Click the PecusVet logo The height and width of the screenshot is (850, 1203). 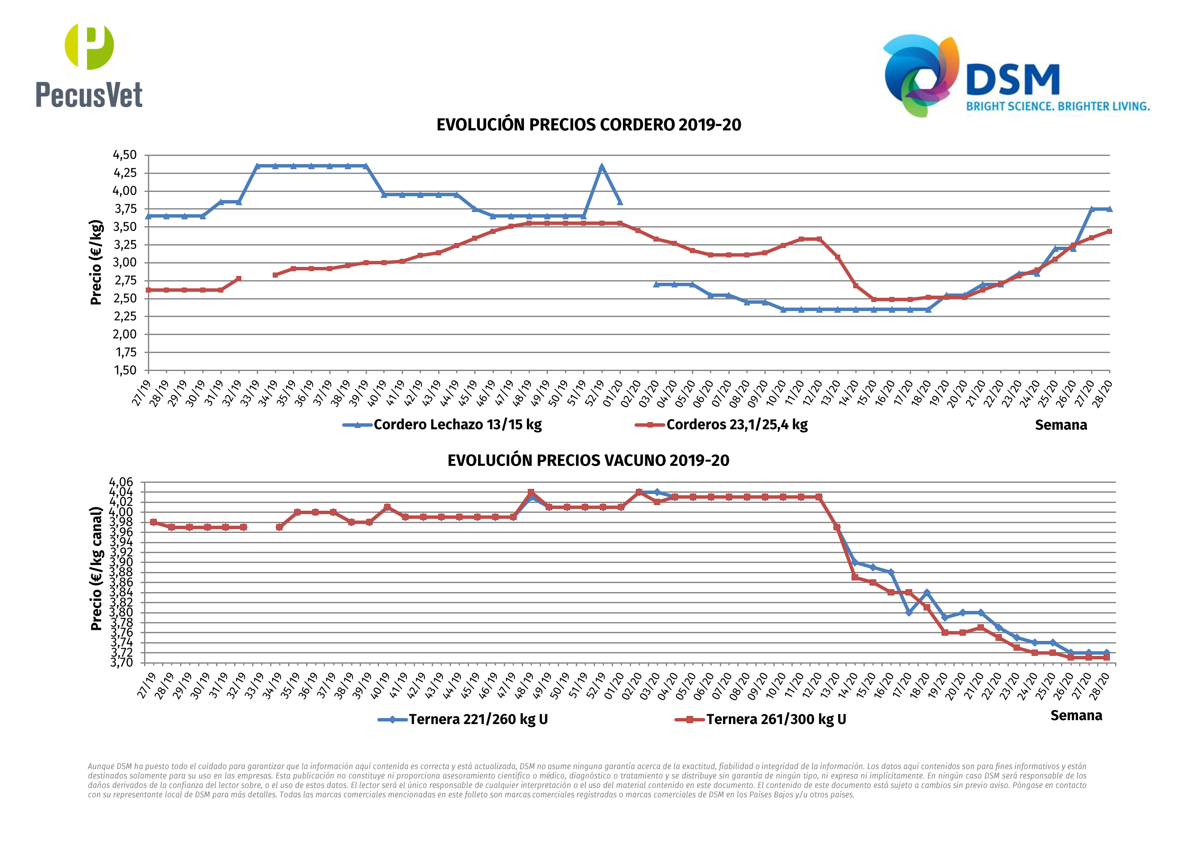click(x=89, y=66)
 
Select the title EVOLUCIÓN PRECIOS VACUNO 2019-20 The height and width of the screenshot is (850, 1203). click(x=588, y=461)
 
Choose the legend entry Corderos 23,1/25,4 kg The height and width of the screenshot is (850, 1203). click(x=722, y=425)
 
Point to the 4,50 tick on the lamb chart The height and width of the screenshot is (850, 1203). click(x=125, y=155)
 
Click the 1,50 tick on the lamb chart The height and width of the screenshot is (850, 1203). click(x=125, y=370)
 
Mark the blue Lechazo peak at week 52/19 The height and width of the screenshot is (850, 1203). click(x=601, y=167)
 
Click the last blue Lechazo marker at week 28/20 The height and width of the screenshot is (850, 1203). click(x=1109, y=209)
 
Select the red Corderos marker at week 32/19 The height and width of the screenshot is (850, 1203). click(x=239, y=279)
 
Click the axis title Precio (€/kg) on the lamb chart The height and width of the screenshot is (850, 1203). click(x=96, y=262)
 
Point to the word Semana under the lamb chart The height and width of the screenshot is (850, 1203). click(x=1061, y=425)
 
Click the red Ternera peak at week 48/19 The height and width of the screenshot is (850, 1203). click(x=531, y=492)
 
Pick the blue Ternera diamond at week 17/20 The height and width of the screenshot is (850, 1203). click(x=909, y=612)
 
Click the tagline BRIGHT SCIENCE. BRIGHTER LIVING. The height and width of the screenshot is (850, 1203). click(x=1058, y=106)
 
